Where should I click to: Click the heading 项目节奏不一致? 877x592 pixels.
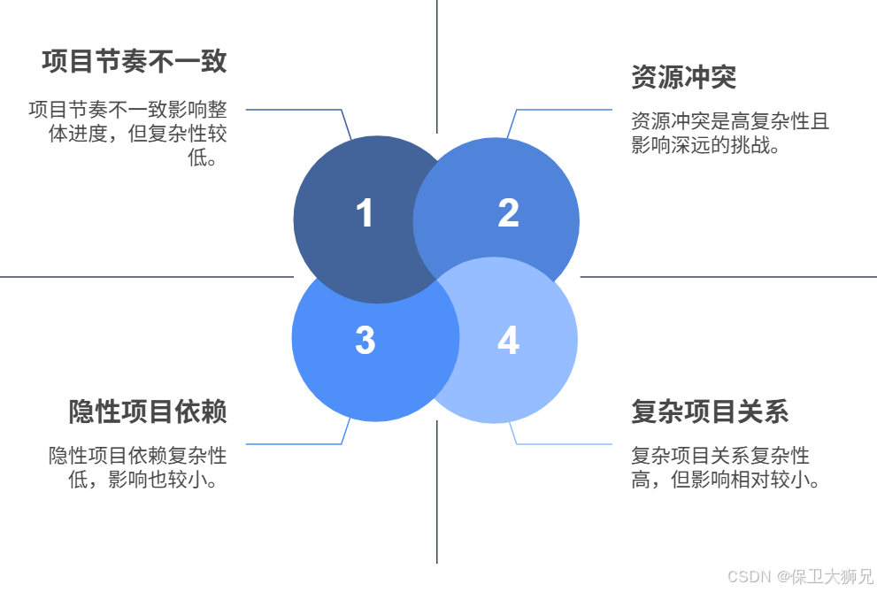point(134,61)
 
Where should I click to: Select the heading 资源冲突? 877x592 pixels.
point(683,77)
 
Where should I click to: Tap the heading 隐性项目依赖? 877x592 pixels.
point(148,411)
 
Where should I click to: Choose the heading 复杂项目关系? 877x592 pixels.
point(710,411)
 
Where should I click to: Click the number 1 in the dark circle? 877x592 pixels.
point(365,214)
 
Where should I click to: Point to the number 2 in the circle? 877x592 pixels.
point(508,213)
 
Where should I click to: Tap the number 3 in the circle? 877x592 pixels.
point(365,341)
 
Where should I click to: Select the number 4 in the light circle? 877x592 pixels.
point(508,341)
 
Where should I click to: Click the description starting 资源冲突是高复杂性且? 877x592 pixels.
point(729,133)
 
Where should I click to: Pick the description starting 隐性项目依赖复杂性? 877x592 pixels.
point(138,467)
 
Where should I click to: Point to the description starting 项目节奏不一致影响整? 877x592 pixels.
point(128,134)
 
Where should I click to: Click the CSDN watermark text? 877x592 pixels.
point(799,577)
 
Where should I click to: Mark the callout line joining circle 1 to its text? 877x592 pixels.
point(292,110)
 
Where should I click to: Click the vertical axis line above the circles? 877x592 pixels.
point(437,62)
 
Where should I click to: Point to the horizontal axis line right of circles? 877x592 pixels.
point(726,277)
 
